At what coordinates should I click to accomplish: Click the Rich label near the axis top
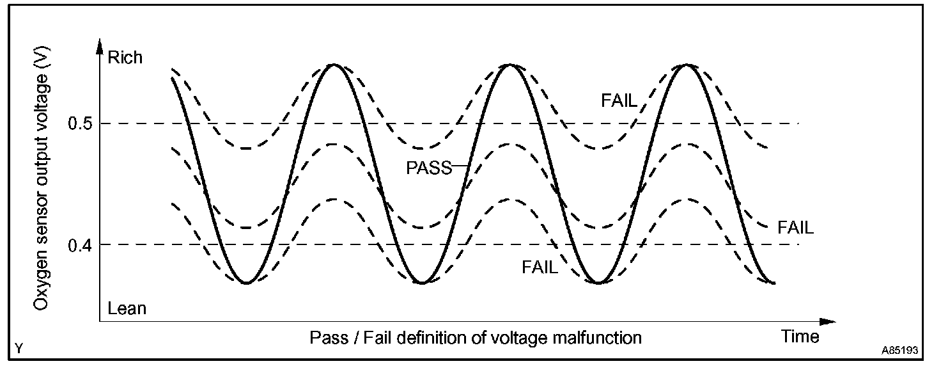[125, 58]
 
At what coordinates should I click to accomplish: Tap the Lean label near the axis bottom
[127, 309]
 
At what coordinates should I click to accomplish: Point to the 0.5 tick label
[79, 123]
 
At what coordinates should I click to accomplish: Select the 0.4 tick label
[79, 245]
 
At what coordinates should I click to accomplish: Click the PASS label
[429, 168]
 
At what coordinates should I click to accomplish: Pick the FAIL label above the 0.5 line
[619, 100]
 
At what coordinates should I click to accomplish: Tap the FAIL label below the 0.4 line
[540, 267]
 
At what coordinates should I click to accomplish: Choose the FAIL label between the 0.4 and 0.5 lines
[795, 228]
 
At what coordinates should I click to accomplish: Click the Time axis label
[800, 337]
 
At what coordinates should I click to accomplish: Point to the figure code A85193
[899, 351]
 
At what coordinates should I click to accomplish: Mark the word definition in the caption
[426, 337]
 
